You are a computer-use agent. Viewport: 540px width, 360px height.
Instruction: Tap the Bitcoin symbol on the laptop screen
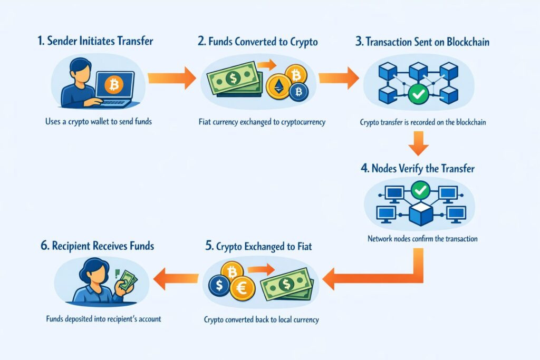click(x=112, y=83)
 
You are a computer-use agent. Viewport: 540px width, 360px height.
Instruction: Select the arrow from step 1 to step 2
click(x=172, y=78)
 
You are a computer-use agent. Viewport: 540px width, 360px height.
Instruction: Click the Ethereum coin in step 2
click(x=278, y=85)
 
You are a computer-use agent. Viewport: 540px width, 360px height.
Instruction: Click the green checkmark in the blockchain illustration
click(x=418, y=95)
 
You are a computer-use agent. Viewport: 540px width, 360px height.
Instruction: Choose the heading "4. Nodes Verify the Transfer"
click(x=418, y=169)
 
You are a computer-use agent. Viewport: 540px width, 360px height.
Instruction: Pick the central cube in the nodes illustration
click(x=420, y=212)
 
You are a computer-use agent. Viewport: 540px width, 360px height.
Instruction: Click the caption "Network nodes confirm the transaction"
click(x=422, y=239)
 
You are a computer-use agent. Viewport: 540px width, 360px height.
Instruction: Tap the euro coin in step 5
click(x=243, y=288)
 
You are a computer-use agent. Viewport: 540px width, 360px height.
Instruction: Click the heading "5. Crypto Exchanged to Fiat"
click(x=258, y=246)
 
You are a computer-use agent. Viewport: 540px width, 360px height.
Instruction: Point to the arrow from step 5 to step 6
click(x=174, y=278)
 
